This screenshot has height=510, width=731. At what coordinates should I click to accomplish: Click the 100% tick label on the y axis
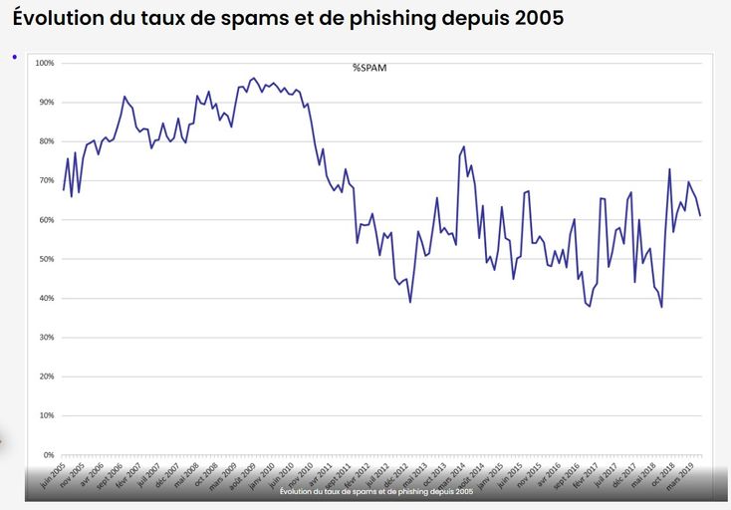click(44, 63)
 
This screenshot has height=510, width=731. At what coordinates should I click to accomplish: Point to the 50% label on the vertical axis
click(45, 259)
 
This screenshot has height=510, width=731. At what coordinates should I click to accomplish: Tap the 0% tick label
click(48, 455)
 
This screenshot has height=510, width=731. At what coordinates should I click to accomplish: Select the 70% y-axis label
click(45, 180)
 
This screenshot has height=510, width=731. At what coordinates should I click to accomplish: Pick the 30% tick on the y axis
click(45, 338)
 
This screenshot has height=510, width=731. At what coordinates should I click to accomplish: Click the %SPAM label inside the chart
click(368, 68)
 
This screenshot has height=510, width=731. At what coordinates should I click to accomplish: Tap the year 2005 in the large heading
click(545, 19)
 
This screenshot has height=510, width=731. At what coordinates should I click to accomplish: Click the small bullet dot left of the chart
click(15, 56)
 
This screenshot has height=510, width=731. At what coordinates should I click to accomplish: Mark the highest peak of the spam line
click(253, 78)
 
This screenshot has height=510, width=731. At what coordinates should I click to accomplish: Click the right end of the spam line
click(700, 216)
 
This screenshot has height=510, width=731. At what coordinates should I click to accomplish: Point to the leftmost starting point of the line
click(64, 189)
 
